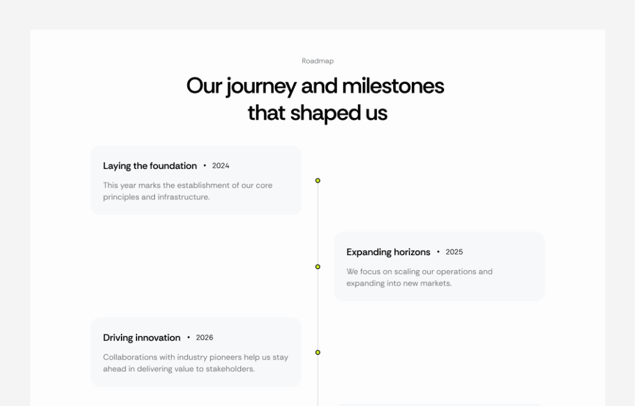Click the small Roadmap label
coord(317,61)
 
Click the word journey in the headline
coord(260,86)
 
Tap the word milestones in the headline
coord(393,86)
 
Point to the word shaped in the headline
coord(317,113)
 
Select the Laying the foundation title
coord(149,166)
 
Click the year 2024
coord(221,166)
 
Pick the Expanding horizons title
coord(388,252)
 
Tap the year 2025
coord(454,252)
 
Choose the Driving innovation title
coord(141,338)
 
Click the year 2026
coord(205,338)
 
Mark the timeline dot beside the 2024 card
coord(317,181)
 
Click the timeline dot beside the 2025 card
coord(317,267)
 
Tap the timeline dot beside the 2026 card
coord(317,353)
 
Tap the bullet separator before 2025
coord(438,252)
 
